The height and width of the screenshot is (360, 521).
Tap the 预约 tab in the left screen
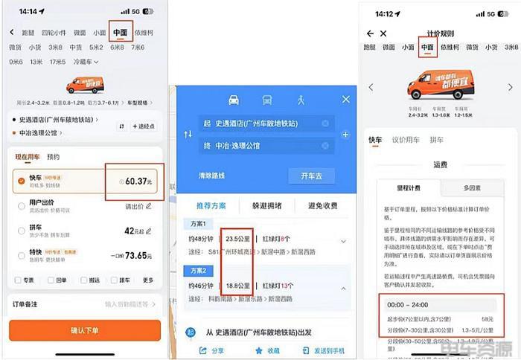tap(53, 158)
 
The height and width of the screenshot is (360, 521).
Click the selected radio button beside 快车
tap(20, 181)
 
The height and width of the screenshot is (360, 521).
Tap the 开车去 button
tap(311, 176)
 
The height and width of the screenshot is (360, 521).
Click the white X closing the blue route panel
tap(345, 99)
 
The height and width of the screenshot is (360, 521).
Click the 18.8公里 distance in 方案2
tap(237, 285)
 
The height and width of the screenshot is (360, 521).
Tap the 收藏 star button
tap(266, 350)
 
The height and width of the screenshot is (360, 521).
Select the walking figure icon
tap(301, 99)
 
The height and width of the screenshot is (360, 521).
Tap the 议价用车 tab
tap(405, 139)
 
